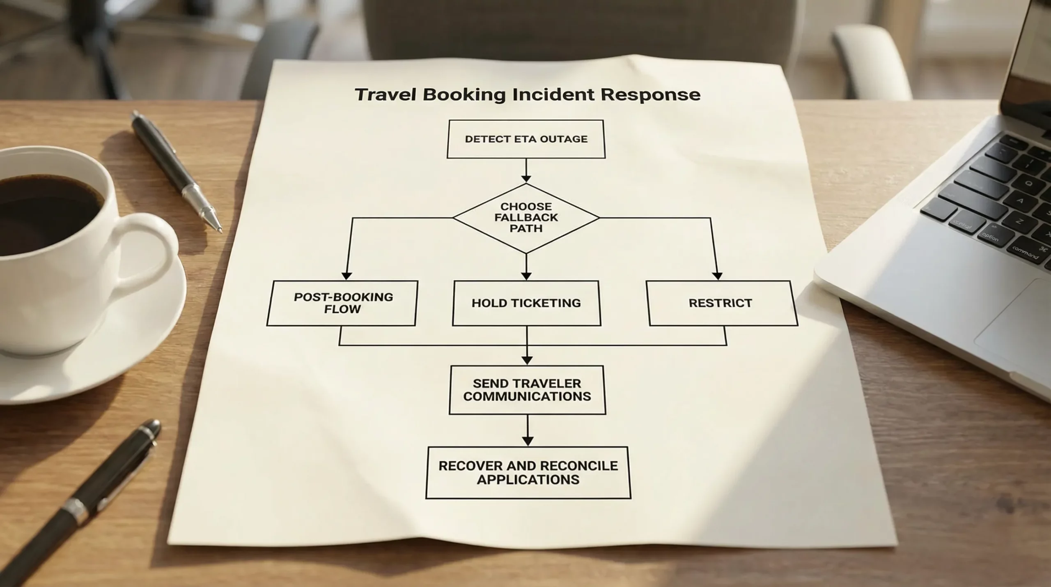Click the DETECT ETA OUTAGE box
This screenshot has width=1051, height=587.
[526, 139]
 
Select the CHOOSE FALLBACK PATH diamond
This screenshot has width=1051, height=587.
[526, 218]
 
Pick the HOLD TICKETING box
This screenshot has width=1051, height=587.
[526, 303]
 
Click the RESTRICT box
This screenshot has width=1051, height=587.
[721, 303]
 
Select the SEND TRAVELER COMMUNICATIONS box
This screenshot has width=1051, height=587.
[527, 390]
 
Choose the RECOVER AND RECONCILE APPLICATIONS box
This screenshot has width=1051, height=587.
[528, 472]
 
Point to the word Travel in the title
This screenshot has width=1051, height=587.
[385, 94]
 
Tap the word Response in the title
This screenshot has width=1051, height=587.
[650, 94]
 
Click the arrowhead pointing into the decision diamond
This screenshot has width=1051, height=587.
[526, 179]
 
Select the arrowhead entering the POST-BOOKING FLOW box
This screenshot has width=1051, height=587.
[347, 276]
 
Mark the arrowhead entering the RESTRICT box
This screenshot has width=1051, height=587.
[717, 276]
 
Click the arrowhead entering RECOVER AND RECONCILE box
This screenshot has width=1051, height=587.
[528, 441]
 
